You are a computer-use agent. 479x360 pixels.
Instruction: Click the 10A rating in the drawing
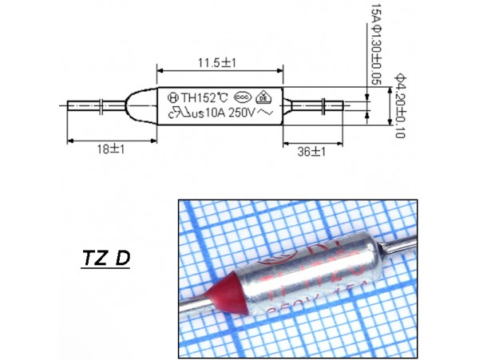tap(216, 114)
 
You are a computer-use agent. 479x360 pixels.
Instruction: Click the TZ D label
tap(107, 260)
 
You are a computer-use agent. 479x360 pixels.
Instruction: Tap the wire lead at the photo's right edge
tap(403, 240)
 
